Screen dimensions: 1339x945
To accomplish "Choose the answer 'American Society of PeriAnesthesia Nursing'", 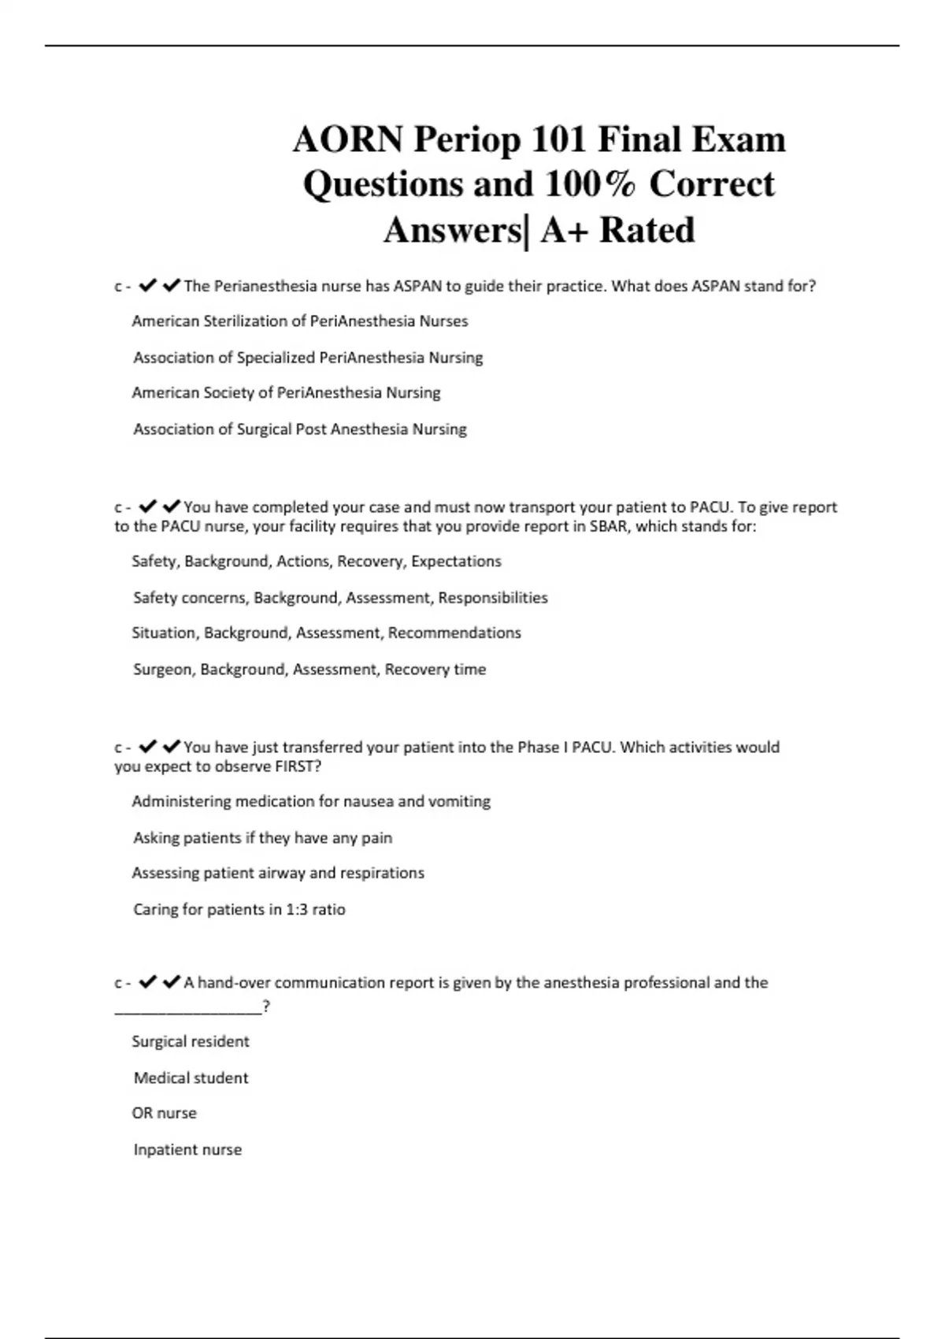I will (286, 393).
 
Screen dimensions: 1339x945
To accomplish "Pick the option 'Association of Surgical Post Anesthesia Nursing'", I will (299, 429).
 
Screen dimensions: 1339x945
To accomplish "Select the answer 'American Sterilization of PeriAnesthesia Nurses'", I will (299, 321).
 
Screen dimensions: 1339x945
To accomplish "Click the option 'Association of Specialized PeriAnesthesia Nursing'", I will (308, 358).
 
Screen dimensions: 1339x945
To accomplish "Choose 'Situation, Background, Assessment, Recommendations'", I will (326, 633).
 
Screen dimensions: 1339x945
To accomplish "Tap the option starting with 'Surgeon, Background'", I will (309, 669).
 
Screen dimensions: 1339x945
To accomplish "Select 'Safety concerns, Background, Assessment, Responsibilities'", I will (340, 598).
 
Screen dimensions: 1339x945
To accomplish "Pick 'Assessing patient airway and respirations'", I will (278, 874).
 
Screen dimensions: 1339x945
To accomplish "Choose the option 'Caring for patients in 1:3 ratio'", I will (239, 910).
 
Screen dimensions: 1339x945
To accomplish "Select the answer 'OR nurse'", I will (164, 1114).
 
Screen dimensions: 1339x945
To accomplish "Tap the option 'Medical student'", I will (191, 1078).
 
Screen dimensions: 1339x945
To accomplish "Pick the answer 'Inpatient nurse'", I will (187, 1150).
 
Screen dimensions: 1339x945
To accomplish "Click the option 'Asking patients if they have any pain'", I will (262, 838).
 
